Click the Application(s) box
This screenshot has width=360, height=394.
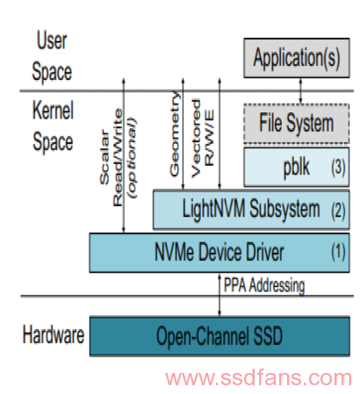click(x=297, y=58)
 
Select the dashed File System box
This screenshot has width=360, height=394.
click(x=297, y=124)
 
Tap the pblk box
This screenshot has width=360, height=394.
click(x=297, y=167)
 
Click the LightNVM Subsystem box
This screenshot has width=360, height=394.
click(x=251, y=210)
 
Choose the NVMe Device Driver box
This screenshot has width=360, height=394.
click(x=220, y=253)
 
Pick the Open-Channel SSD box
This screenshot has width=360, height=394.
click(x=220, y=336)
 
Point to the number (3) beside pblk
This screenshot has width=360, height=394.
click(x=338, y=168)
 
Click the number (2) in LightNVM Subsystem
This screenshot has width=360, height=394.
click(x=338, y=210)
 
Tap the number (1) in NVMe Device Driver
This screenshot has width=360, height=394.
click(x=338, y=252)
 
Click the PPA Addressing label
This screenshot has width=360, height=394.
click(x=264, y=285)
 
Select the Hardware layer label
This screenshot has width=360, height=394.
click(x=54, y=334)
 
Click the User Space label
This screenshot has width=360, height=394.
click(x=52, y=56)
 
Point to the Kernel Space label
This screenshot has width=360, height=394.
click(x=53, y=125)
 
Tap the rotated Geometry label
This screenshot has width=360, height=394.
click(x=175, y=133)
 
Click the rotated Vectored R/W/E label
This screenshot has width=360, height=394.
click(x=203, y=139)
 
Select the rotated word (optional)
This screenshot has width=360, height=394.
click(x=133, y=158)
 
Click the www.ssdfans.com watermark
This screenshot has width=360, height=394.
click(x=258, y=377)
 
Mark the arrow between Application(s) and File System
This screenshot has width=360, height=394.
click(x=300, y=90)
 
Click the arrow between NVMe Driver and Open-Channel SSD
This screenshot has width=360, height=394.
click(x=220, y=295)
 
